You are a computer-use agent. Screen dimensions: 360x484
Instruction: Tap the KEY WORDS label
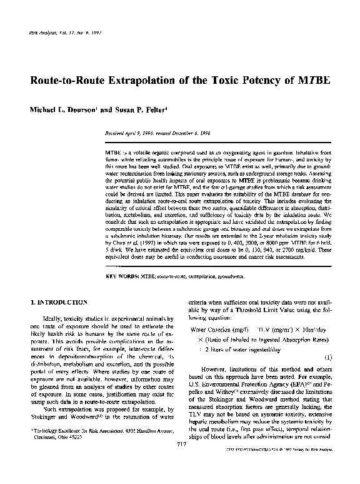[x=122, y=258]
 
